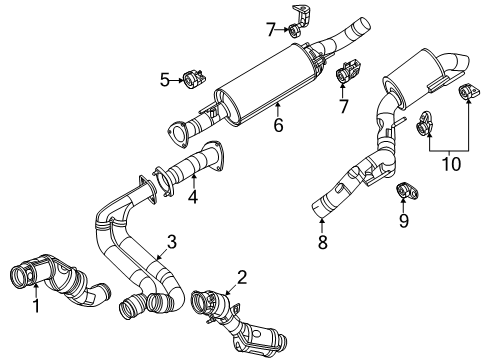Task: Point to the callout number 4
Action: pyautogui.click(x=193, y=197)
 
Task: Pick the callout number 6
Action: pyautogui.click(x=278, y=125)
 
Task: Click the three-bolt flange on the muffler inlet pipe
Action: pyautogui.click(x=180, y=131)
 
